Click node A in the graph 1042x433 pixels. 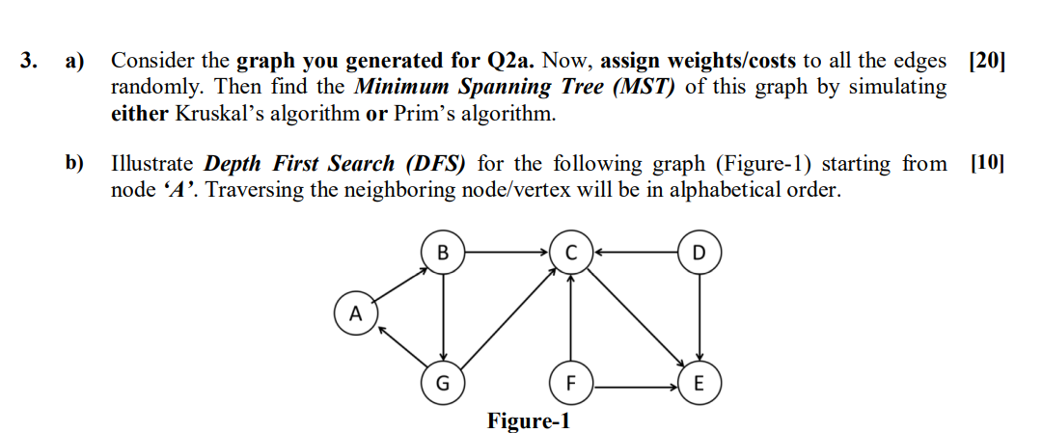(x=355, y=313)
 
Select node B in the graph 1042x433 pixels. (x=443, y=254)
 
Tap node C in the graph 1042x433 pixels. (x=571, y=254)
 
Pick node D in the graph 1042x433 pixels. (x=699, y=254)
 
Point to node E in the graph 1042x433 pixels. (x=699, y=384)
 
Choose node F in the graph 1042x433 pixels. (x=571, y=384)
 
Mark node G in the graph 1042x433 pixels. (x=443, y=384)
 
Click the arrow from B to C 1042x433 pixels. (x=507, y=254)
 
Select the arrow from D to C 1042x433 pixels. (x=636, y=254)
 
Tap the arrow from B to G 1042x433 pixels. (x=443, y=318)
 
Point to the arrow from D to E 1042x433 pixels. (x=699, y=318)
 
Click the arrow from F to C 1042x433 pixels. (x=571, y=318)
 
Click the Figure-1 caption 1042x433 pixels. (x=529, y=421)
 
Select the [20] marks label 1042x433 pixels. (x=985, y=62)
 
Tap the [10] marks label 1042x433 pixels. (x=985, y=163)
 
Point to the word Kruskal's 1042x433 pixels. (x=218, y=114)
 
